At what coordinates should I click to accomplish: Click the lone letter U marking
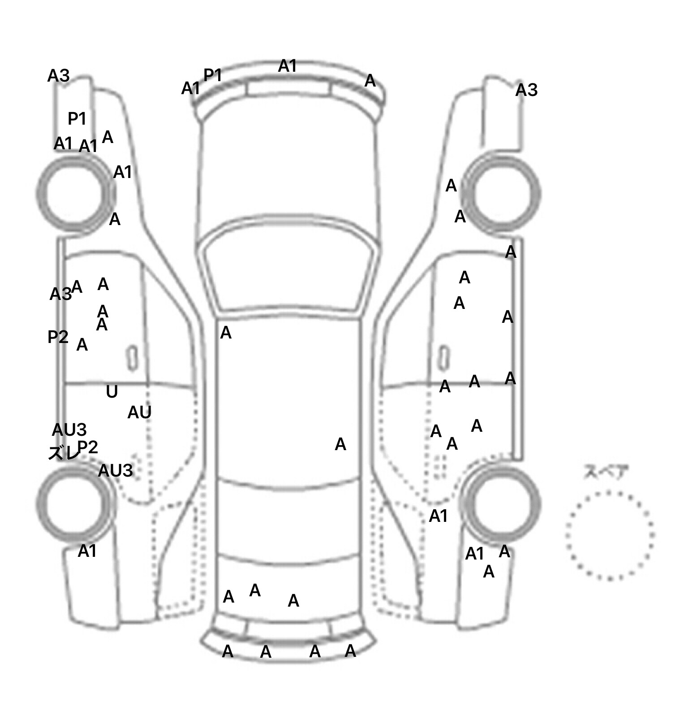112,392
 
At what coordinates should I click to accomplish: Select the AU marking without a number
139,412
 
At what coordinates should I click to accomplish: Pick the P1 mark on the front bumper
213,75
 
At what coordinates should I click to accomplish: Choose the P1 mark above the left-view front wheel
77,119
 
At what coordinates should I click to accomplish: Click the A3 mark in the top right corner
526,91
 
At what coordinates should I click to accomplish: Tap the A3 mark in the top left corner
58,76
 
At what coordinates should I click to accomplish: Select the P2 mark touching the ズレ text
88,447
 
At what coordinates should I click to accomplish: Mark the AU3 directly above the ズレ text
69,430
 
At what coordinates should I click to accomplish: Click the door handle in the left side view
133,358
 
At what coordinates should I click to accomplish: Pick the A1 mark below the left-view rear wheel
87,551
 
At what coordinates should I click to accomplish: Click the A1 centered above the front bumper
287,66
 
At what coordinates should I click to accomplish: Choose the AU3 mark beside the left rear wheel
115,471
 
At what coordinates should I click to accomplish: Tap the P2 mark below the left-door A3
58,337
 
